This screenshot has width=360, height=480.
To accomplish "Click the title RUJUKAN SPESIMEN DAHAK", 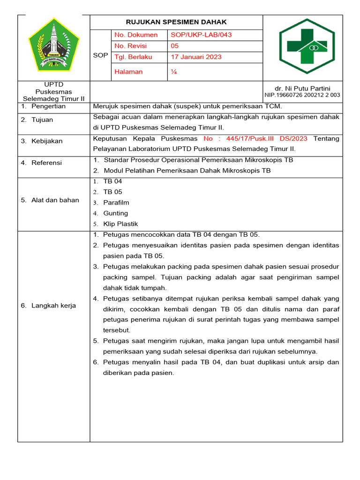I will (176, 22).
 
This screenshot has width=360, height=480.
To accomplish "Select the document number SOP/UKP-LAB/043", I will (201, 35).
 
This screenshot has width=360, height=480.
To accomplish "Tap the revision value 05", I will (174, 46).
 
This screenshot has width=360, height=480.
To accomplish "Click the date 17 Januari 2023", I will (196, 57).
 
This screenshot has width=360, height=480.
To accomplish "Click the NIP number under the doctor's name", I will (302, 95).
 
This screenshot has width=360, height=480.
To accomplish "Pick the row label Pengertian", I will (49, 106).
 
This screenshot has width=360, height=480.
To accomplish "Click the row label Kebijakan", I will (47, 141).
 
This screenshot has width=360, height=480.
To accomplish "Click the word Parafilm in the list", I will (116, 203).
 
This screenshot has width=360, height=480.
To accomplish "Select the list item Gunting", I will (115, 213).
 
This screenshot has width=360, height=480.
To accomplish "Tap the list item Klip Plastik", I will (120, 224).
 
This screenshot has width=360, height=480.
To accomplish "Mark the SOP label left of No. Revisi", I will (100, 55).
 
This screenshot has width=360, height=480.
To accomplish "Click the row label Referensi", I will (46, 163).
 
